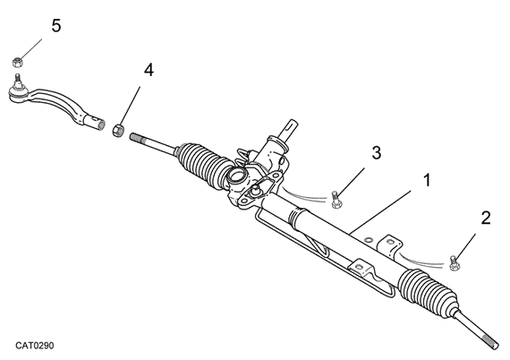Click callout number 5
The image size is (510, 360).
point(55,26)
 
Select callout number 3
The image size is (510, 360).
point(377,152)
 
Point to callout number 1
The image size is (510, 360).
point(427,181)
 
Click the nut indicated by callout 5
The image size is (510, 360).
point(17,62)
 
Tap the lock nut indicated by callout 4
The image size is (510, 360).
point(117,130)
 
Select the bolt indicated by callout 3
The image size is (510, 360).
point(334,199)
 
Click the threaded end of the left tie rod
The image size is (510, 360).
point(141,138)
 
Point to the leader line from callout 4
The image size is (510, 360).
point(132,101)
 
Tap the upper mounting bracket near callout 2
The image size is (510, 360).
point(390,244)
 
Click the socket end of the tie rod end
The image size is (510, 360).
point(96,119)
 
